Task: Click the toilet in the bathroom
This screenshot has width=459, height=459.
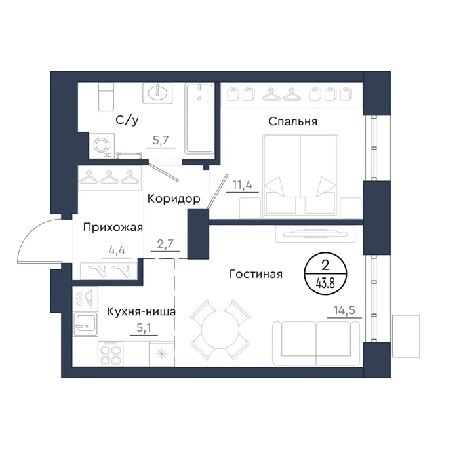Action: click(106, 97)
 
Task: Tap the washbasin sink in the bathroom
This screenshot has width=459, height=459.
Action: click(157, 93)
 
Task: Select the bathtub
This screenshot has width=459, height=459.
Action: click(199, 118)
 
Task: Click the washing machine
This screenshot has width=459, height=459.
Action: click(102, 146)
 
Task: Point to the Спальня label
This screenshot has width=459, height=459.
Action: click(292, 121)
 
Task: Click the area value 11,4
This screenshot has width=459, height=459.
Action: click(242, 185)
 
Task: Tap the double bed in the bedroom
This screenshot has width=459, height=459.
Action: click(300, 176)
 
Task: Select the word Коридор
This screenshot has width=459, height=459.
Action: click(174, 199)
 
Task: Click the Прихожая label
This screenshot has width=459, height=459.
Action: click(113, 227)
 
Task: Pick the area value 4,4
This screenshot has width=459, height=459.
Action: click(117, 250)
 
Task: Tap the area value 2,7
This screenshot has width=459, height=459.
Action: click(165, 243)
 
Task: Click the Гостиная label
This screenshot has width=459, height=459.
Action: click(256, 274)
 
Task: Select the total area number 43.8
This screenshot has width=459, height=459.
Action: click(325, 283)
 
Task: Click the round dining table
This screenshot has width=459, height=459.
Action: click(220, 330)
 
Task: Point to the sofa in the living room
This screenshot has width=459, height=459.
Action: click(316, 344)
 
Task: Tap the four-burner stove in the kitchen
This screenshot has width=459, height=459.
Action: click(110, 353)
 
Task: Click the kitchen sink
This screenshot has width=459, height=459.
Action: click(85, 324)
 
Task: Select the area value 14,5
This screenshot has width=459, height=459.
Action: click(344, 310)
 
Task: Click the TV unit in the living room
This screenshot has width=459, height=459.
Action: click(315, 234)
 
